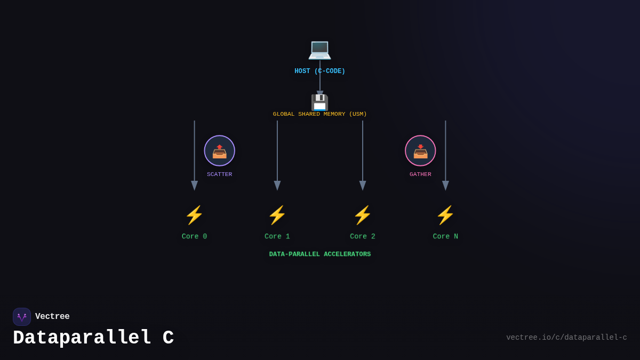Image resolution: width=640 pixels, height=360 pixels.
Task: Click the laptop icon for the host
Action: [319, 49]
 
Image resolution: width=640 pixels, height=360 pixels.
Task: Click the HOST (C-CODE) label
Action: [319, 71]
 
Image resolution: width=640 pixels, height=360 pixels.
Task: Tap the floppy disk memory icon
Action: [319, 102]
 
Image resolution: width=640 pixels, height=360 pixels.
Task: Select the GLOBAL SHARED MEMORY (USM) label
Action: [319, 114]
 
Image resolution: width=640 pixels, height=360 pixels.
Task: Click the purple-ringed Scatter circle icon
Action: [219, 151]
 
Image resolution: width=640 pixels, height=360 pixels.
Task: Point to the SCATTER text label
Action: [219, 174]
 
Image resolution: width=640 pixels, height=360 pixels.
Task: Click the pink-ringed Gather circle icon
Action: [420, 151]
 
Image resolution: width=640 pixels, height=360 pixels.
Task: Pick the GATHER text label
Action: [420, 174]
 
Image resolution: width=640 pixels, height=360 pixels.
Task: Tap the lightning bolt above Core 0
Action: [194, 215]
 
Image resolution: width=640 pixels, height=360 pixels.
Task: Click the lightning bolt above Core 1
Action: [277, 215]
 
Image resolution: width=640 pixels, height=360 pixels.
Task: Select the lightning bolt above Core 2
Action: [363, 215]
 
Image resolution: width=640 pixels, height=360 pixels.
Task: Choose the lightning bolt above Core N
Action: [445, 215]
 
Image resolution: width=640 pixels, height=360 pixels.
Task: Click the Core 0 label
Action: [194, 237]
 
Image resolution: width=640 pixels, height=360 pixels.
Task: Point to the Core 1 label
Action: [277, 237]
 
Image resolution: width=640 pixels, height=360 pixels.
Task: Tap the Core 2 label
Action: [363, 237]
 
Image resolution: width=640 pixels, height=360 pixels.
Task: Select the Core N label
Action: [445, 237]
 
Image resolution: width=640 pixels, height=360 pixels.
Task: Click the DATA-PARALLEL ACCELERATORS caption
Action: [319, 254]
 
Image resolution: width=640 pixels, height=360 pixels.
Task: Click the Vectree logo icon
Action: [22, 317]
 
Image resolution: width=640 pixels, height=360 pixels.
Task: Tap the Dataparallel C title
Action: [93, 338]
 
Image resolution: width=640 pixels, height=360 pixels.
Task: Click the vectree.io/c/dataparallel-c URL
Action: [566, 338]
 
